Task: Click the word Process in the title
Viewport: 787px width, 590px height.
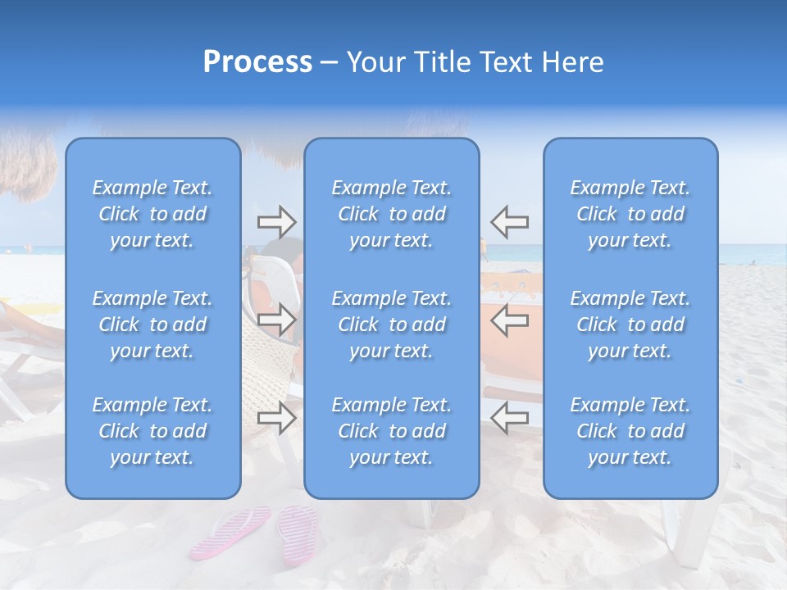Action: pyautogui.click(x=257, y=62)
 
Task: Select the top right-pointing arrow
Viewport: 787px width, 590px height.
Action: pyautogui.click(x=276, y=221)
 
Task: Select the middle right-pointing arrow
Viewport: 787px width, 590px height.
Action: pyautogui.click(x=276, y=320)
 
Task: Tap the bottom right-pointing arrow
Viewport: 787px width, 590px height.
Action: pyautogui.click(x=276, y=419)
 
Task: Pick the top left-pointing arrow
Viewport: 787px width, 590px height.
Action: pyautogui.click(x=509, y=221)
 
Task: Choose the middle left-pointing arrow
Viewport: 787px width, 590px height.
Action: pyautogui.click(x=509, y=320)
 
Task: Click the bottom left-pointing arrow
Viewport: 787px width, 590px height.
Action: pyautogui.click(x=509, y=419)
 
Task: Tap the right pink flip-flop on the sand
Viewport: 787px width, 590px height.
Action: pyautogui.click(x=298, y=533)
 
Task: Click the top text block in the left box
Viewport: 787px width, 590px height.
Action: pyautogui.click(x=152, y=214)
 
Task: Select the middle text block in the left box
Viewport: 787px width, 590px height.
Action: pyautogui.click(x=152, y=324)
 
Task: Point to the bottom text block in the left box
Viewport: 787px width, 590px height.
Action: pyautogui.click(x=152, y=431)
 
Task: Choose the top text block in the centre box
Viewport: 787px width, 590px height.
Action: pyautogui.click(x=392, y=214)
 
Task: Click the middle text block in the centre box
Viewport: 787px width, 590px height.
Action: pyautogui.click(x=392, y=324)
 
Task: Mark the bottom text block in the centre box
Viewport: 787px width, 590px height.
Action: pyautogui.click(x=392, y=431)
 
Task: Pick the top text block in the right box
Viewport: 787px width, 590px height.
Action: pyautogui.click(x=630, y=214)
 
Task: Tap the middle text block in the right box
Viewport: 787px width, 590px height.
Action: pyautogui.click(x=630, y=324)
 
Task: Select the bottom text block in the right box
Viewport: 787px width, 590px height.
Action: pyautogui.click(x=630, y=431)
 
